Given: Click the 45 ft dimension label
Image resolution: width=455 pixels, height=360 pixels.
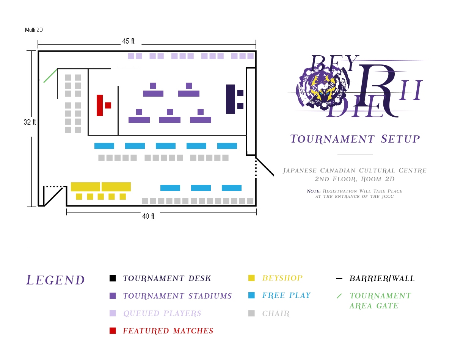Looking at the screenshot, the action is pyautogui.click(x=128, y=41).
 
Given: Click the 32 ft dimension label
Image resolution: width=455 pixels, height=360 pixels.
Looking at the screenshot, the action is pyautogui.click(x=30, y=122).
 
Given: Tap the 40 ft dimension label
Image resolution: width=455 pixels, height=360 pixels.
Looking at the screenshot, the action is pyautogui.click(x=148, y=216).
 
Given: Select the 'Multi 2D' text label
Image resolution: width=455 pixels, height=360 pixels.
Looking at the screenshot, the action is pyautogui.click(x=34, y=30).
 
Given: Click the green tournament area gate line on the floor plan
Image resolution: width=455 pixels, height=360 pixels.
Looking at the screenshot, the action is pyautogui.click(x=50, y=75).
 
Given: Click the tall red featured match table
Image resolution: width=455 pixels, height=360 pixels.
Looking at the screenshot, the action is pyautogui.click(x=100, y=105).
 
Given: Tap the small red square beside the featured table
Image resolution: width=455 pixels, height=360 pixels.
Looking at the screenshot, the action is pyautogui.click(x=108, y=105).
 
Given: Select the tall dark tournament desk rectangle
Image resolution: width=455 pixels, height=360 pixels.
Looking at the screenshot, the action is pyautogui.click(x=231, y=99).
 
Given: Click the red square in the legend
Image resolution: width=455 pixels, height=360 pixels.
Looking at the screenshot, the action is pyautogui.click(x=113, y=330).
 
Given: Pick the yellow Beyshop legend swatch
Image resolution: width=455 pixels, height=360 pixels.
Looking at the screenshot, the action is pyautogui.click(x=251, y=278).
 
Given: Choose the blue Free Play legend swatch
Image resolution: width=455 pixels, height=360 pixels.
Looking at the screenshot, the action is pyautogui.click(x=251, y=295).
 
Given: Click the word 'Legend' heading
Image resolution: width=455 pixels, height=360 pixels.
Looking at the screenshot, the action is pyautogui.click(x=55, y=280).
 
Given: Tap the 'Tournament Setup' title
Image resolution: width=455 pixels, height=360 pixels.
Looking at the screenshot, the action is pyautogui.click(x=355, y=139).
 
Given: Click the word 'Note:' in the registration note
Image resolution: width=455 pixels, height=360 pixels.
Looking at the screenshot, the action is pyautogui.click(x=314, y=191).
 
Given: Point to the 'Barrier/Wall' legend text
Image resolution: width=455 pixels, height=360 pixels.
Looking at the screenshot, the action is pyautogui.click(x=382, y=279).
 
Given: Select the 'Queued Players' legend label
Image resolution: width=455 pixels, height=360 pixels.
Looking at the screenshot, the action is pyautogui.click(x=162, y=313).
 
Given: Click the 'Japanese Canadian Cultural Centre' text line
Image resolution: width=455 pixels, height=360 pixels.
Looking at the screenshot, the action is pyautogui.click(x=355, y=171).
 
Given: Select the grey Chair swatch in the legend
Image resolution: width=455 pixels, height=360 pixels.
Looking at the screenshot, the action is pyautogui.click(x=251, y=313).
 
